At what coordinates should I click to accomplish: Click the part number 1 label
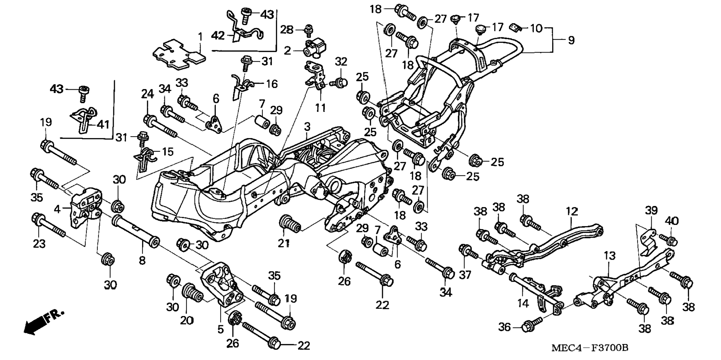click(x=200, y=37)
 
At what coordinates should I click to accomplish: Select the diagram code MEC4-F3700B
click(x=590, y=348)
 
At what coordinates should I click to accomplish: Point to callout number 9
click(x=571, y=40)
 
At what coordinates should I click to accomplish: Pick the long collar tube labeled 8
click(x=136, y=231)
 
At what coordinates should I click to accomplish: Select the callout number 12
click(x=572, y=212)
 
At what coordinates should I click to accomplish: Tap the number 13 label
click(x=610, y=256)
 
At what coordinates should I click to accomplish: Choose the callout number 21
click(x=284, y=243)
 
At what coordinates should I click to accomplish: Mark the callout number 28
click(x=287, y=30)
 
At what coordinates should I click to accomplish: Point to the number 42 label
click(x=218, y=36)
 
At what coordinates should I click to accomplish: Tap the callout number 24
click(x=147, y=94)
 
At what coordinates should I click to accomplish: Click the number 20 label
click(x=187, y=320)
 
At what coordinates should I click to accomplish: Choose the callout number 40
click(x=672, y=221)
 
